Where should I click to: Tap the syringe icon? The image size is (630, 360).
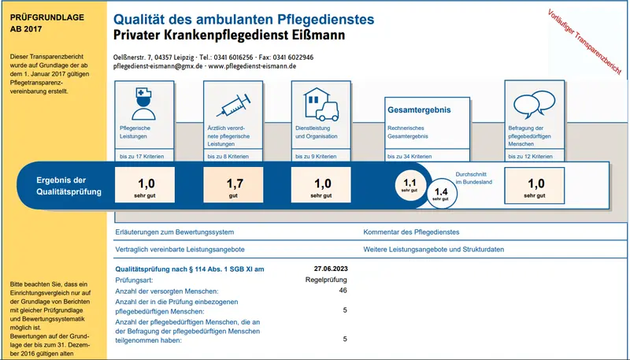coord(232,103)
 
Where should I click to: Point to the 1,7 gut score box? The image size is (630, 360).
coord(234,188)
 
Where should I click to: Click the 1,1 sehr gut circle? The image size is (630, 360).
coord(409,185)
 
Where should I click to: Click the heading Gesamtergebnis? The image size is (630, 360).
coord(419,110)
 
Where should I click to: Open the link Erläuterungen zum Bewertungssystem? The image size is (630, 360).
coord(174,232)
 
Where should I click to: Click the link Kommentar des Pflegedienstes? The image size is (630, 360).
coord(411,232)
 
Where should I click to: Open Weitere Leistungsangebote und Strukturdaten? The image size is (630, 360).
coord(433,250)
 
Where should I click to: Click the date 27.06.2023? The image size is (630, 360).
coord(330,269)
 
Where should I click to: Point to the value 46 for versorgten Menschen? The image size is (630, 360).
coord(343,291)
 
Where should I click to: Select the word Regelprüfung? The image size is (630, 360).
coord(326,280)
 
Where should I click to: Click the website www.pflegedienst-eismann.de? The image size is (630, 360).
coord(252,67)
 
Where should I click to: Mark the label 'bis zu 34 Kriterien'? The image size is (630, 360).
coord(409,157)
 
